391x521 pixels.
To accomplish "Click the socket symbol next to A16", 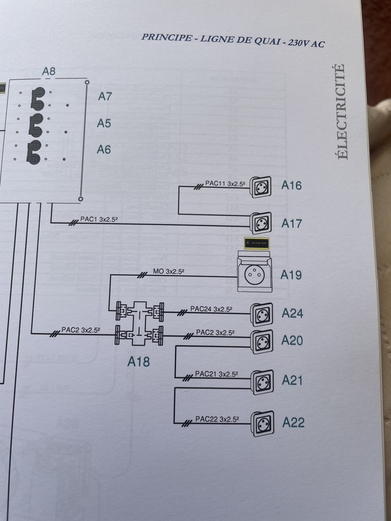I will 263,186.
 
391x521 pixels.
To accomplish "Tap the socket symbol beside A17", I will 263,223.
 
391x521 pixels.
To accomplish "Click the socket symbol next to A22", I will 263,421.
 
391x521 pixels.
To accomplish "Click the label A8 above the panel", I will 49,70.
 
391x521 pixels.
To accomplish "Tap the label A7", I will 105,96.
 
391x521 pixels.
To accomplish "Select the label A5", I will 104,122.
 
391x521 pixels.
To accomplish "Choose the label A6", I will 104,149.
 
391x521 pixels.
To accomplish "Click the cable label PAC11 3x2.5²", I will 225,184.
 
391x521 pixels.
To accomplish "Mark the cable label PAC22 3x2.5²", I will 216,417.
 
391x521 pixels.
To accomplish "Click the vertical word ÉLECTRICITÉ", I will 341,111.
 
